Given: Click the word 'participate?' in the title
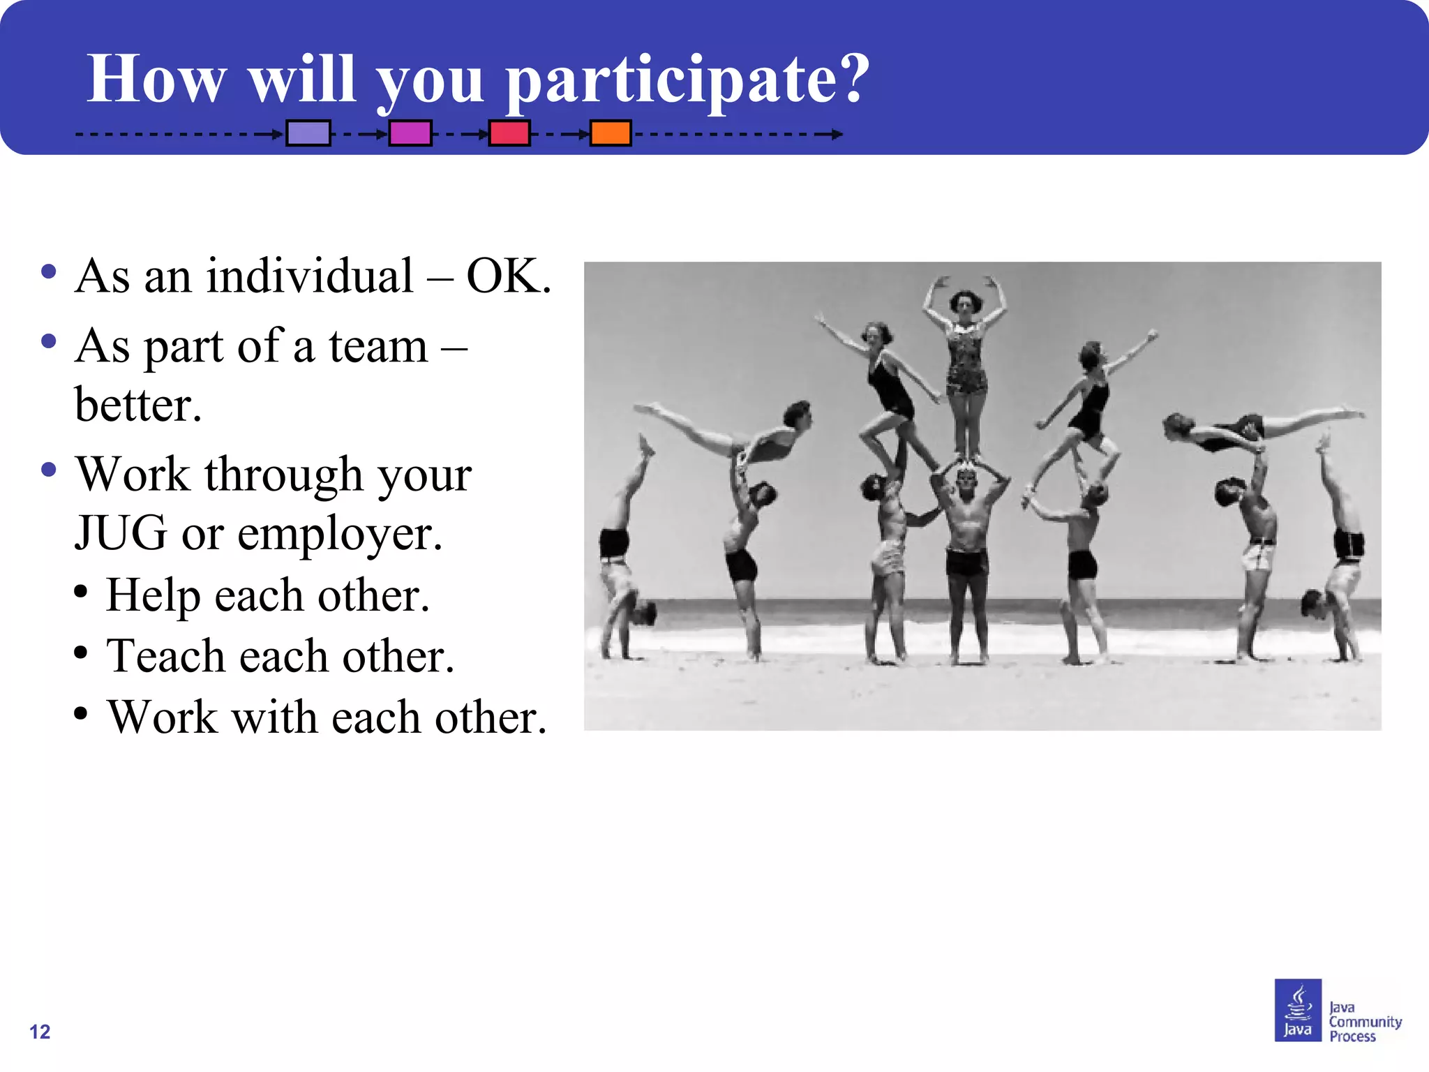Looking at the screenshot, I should click(x=687, y=80).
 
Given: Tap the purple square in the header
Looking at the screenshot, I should click(x=308, y=133).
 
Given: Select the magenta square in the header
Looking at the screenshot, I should click(x=410, y=133).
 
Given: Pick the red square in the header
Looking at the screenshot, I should click(x=509, y=133).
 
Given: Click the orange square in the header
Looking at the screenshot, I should click(x=611, y=133).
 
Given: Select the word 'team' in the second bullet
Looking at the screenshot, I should click(x=378, y=346).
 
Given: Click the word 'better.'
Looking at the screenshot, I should click(x=138, y=405).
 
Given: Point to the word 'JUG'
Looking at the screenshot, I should click(x=121, y=533).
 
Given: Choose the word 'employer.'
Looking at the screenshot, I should click(x=340, y=535).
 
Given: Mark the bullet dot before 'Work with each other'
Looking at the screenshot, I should click(x=81, y=714).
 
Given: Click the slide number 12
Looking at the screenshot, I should click(x=40, y=1032).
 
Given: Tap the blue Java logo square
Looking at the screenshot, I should click(x=1297, y=1009).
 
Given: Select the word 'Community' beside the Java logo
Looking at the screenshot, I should click(x=1365, y=1022).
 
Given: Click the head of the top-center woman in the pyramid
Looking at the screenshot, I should click(x=965, y=302).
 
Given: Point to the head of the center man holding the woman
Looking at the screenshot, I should click(x=966, y=481).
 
